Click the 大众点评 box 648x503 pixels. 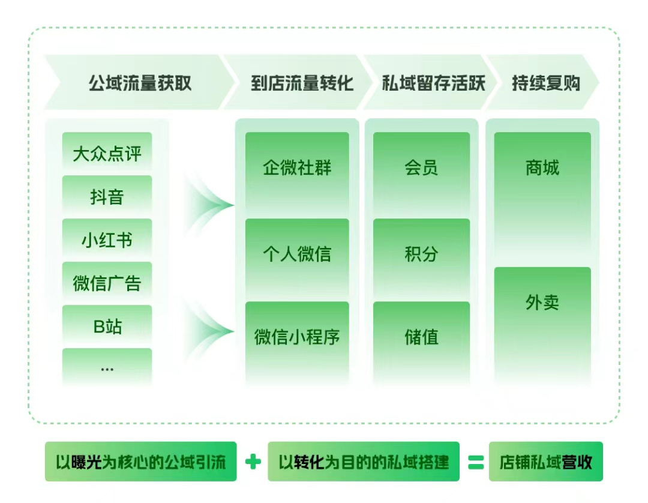(x=107, y=152)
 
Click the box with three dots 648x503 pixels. (x=107, y=367)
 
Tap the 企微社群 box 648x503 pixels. (x=297, y=173)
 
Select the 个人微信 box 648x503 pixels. (x=297, y=258)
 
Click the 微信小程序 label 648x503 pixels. (x=297, y=337)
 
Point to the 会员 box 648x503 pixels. (x=422, y=173)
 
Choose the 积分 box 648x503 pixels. (x=422, y=258)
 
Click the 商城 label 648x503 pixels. (x=542, y=168)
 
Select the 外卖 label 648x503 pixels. (x=542, y=303)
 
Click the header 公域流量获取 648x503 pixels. (x=140, y=83)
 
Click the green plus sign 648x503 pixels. (x=253, y=462)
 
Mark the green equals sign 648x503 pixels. (x=476, y=462)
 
